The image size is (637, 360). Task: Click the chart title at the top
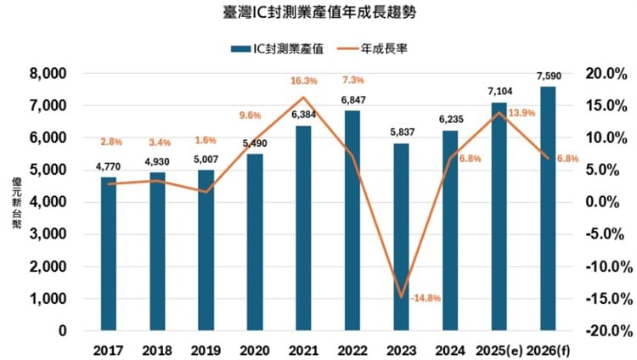tap(318, 14)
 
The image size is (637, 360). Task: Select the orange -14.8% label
tap(425, 299)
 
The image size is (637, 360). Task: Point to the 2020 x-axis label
tap(255, 349)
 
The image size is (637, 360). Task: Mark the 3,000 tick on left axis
tap(48, 234)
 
